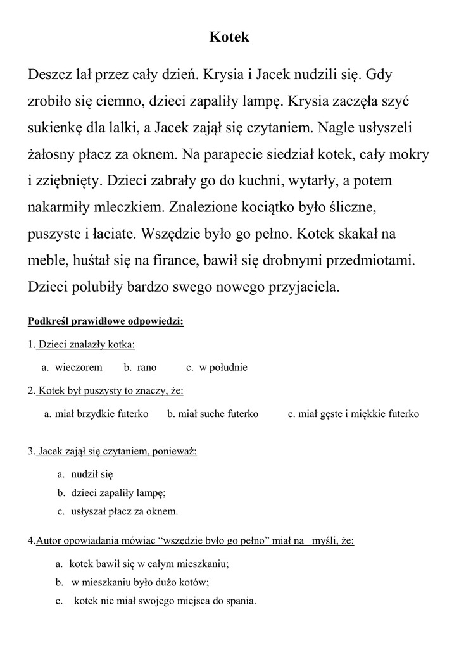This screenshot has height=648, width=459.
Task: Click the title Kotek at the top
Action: pos(229,37)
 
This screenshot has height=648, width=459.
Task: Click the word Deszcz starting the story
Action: pos(51,75)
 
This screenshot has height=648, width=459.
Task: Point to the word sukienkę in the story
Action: pos(55,128)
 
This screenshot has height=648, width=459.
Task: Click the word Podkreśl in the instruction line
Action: pos(48,321)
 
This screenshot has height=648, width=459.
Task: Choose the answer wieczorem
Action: pos(79,367)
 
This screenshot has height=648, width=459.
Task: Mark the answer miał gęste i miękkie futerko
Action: pos(358,414)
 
